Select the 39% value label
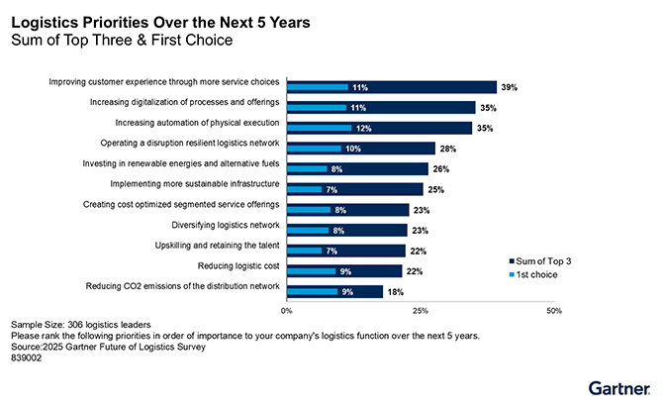509,87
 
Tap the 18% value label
396,291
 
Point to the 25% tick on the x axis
421,311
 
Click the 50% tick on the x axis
554,311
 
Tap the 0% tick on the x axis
288,311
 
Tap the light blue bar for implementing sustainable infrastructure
305,189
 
